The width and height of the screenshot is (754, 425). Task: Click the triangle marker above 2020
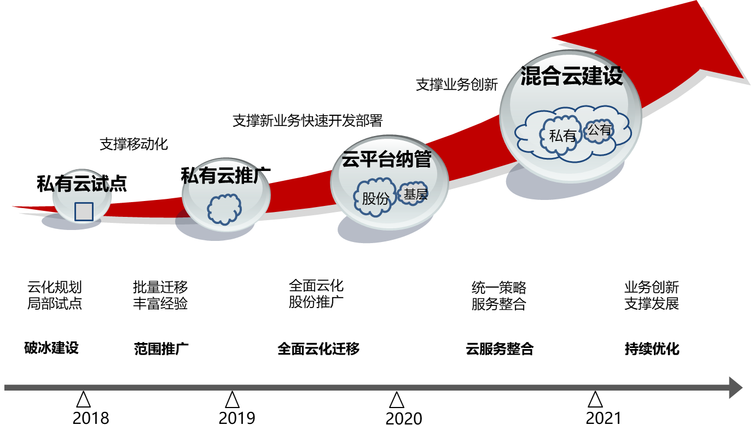pyautogui.click(x=397, y=400)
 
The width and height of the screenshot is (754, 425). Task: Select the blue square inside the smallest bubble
pyautogui.click(x=84, y=211)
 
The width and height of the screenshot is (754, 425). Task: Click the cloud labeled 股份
pyautogui.click(x=375, y=197)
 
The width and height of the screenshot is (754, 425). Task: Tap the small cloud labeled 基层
pyautogui.click(x=414, y=193)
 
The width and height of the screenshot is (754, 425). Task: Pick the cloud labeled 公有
pyautogui.click(x=599, y=131)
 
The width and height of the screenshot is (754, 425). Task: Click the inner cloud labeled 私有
pyautogui.click(x=562, y=135)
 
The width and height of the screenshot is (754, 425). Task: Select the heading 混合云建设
pyautogui.click(x=572, y=76)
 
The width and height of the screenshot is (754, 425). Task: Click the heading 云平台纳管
pyautogui.click(x=387, y=160)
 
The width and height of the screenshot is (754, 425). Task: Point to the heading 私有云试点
pyautogui.click(x=82, y=184)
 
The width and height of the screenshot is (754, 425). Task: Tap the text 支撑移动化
pyautogui.click(x=134, y=144)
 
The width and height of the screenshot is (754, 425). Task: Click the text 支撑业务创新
pyautogui.click(x=457, y=85)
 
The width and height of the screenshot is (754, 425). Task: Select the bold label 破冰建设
pyautogui.click(x=51, y=348)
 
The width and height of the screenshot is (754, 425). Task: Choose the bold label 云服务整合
pyautogui.click(x=500, y=349)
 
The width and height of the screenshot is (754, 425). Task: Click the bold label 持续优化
pyautogui.click(x=652, y=349)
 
